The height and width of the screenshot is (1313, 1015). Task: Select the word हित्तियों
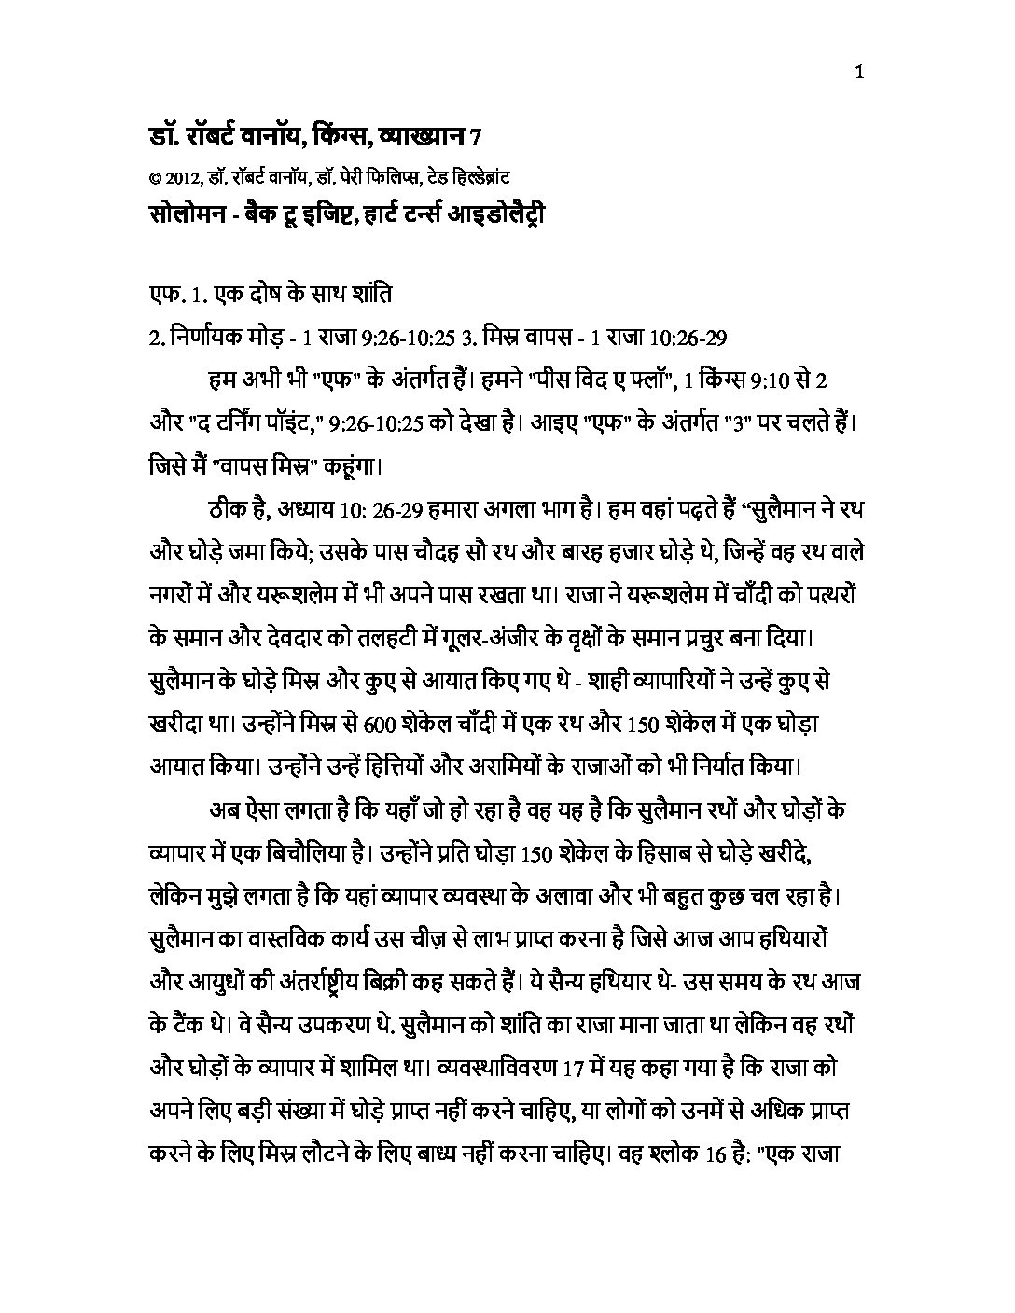[x=368, y=766]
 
